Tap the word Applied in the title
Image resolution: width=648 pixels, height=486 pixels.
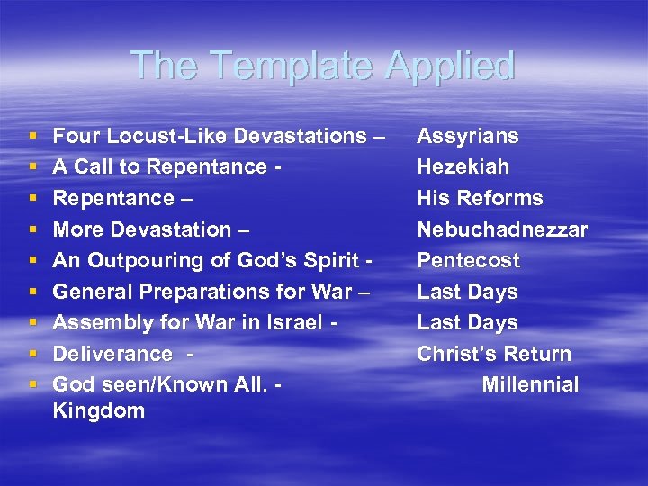[454, 67]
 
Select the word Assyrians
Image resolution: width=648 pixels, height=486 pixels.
[467, 136]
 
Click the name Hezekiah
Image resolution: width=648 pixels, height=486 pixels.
[463, 166]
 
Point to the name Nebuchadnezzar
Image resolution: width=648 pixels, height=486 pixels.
[502, 229]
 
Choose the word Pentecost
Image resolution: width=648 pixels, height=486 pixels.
[468, 260]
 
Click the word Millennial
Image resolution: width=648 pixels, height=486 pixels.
[530, 384]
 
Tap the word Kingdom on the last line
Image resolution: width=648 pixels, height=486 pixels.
[99, 411]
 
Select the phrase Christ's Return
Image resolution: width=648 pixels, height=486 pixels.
[493, 354]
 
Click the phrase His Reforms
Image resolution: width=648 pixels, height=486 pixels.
[480, 198]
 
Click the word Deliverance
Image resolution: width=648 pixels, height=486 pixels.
[112, 354]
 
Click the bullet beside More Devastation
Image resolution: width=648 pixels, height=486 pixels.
[33, 230]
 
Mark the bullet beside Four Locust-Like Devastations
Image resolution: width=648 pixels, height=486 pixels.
[33, 137]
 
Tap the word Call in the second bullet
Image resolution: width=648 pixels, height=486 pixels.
[93, 166]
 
